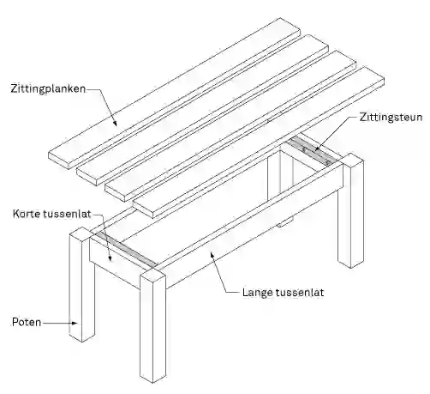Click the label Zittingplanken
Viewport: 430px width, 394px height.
(x=48, y=88)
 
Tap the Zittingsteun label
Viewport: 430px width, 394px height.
(x=391, y=118)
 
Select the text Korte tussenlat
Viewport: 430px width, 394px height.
(x=51, y=214)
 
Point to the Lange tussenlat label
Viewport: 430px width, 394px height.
(x=283, y=293)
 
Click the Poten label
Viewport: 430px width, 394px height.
(x=27, y=322)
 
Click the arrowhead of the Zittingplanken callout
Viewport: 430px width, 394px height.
(x=115, y=123)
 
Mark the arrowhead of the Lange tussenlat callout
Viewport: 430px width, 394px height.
(x=212, y=254)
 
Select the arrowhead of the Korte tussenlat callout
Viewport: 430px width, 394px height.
(x=110, y=258)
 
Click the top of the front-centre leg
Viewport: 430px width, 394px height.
(x=152, y=274)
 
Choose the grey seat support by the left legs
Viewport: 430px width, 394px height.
(x=126, y=250)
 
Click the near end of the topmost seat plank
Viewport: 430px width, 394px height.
(x=60, y=161)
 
